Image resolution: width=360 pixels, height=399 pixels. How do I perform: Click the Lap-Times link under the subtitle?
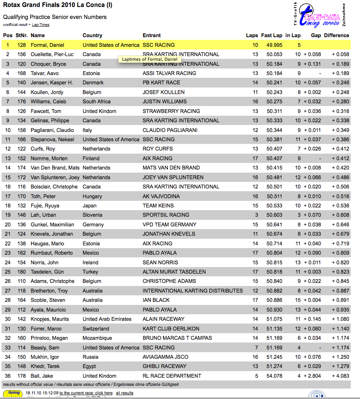pos(41,25)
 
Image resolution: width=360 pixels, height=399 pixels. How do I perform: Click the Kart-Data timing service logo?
pos(319,15)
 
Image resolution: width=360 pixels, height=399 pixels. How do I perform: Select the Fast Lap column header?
pos(271,35)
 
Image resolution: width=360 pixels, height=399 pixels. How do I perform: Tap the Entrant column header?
pos(152,35)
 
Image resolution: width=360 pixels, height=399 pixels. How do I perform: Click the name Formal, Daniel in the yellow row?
pos(48,45)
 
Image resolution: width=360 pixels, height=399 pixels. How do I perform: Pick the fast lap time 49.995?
pos(274,45)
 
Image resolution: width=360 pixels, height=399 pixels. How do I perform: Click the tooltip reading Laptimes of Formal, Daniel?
pos(150,59)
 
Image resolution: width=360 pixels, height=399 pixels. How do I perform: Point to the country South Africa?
pos(97,101)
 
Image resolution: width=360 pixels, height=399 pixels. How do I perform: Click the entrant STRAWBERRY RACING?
pos(171,111)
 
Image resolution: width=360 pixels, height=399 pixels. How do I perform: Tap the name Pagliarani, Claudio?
pos(52,130)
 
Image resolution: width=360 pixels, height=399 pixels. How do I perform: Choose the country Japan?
pos(89,205)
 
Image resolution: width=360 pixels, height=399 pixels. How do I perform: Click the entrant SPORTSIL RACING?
pos(166,215)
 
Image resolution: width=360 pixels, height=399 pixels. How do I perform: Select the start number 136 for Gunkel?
pos(22,224)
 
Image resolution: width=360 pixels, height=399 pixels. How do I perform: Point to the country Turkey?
pos(90,272)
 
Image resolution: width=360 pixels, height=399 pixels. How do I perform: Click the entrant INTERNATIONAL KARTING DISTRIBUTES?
pos(193,291)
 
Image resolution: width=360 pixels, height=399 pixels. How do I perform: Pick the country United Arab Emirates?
pos(107,319)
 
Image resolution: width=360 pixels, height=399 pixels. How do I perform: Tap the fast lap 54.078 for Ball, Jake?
pos(274,376)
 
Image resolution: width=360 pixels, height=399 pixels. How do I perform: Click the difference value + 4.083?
pos(340,376)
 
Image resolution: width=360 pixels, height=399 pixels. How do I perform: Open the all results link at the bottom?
pos(125,393)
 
